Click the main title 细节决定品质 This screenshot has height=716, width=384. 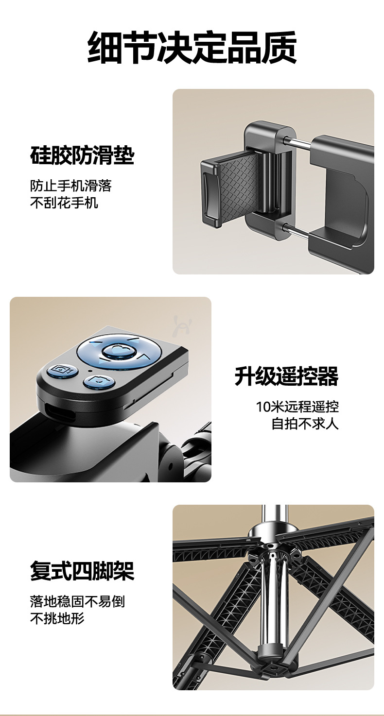(192, 48)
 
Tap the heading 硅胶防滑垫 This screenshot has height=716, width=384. (82, 155)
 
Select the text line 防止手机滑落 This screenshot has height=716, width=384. (70, 186)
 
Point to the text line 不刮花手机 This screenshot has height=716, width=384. (64, 203)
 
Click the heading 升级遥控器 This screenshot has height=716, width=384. (286, 376)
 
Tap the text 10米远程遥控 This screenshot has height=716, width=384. (297, 407)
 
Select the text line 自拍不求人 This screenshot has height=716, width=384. (305, 424)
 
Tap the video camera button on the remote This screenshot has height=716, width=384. (62, 370)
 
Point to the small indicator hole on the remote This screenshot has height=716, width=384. (90, 372)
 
